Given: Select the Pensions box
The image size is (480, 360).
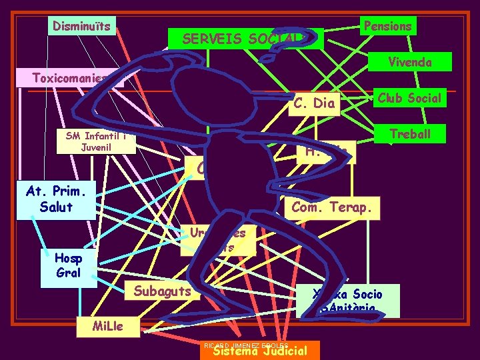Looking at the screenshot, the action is (387, 26).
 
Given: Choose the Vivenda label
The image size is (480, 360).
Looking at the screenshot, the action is (409, 62).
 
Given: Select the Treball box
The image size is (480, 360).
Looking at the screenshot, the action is (410, 134).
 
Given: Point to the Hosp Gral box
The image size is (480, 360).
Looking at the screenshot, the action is (69, 265).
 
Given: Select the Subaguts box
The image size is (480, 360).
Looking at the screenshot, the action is (162, 291).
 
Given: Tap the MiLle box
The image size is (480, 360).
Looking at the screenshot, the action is (99, 327).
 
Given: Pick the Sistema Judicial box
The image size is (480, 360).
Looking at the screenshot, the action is (259, 351).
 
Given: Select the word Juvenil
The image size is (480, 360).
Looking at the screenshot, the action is (100, 147).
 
